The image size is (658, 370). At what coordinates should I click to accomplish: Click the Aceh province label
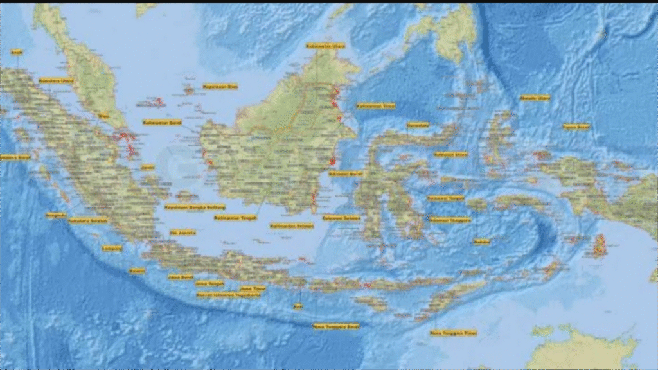[x=17, y=51]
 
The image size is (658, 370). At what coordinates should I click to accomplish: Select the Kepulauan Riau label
[x=220, y=86]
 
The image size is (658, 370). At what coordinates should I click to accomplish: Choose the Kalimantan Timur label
[x=376, y=105]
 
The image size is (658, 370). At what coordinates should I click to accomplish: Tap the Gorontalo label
[x=418, y=125]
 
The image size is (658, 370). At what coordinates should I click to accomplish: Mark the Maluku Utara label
[x=535, y=98]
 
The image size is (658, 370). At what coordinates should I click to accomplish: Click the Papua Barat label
[x=576, y=127]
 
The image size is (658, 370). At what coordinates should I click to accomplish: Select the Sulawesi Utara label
[x=450, y=154]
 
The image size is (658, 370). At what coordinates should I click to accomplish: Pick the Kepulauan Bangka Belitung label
[x=186, y=207]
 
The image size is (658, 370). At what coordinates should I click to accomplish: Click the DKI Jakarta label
[x=182, y=232]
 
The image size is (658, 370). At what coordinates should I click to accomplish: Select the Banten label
[x=137, y=270]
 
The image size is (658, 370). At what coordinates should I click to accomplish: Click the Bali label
[x=298, y=306]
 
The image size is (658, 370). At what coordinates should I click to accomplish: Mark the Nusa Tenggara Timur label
[x=454, y=333]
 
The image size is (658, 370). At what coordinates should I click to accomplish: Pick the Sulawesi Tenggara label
[x=449, y=219]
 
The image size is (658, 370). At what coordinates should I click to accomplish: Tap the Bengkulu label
[x=56, y=215]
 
